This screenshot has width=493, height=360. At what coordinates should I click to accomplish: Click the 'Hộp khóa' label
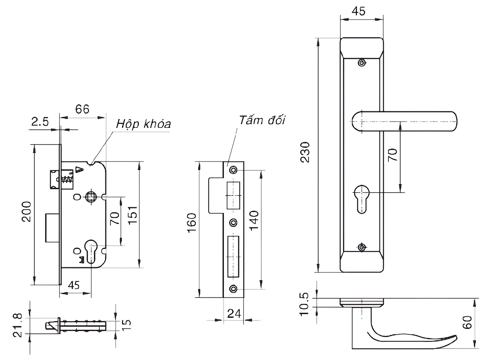[143, 124]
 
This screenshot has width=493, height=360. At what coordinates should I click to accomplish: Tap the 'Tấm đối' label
[262, 120]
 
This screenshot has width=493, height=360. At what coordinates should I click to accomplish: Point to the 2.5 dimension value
[40, 121]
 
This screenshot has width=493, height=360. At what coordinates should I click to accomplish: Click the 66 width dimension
[82, 109]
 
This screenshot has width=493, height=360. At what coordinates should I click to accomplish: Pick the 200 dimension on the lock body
[27, 211]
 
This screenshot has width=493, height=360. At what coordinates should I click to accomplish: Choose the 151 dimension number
[132, 215]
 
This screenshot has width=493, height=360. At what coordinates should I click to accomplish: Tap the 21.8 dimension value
[18, 325]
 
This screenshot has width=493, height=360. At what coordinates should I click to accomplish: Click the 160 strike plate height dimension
[192, 223]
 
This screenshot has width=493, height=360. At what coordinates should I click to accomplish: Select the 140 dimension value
[254, 220]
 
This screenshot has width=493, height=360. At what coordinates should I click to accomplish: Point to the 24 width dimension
[234, 313]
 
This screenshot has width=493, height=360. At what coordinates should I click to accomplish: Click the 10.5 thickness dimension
[304, 304]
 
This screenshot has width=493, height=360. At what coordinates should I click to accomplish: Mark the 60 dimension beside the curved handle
[467, 322]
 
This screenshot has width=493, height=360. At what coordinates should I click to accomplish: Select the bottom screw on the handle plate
[362, 247]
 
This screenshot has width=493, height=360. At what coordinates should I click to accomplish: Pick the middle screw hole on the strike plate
[233, 223]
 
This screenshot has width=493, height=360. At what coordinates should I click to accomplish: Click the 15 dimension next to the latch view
[126, 324]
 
